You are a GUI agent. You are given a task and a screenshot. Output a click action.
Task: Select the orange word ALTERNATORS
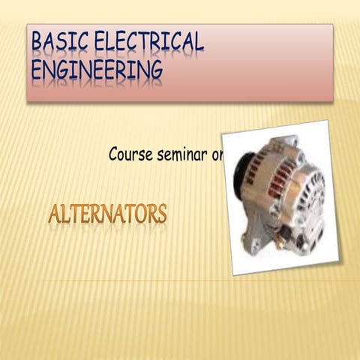point(107,215)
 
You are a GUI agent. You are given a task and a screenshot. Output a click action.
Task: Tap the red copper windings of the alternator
point(273,176)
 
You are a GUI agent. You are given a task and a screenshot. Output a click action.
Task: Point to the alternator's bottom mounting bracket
point(252,241)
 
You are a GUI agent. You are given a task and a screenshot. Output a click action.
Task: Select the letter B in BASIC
point(37,43)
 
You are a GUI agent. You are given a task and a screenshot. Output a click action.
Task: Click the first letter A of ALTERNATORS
point(55,215)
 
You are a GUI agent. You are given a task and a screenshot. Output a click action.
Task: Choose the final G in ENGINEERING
point(155,70)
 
